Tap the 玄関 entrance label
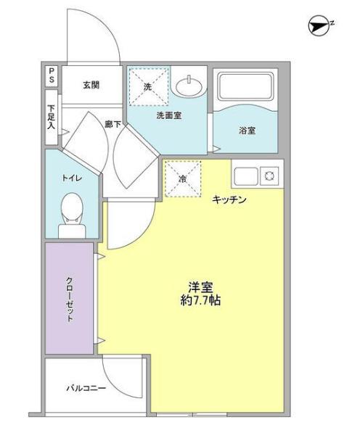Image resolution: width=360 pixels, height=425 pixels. (91, 86)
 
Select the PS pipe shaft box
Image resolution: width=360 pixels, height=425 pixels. (52, 75)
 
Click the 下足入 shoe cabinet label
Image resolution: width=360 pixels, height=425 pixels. (52, 117)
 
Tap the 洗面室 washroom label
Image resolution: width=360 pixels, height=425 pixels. (168, 115)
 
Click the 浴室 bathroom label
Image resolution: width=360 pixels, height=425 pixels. (247, 131)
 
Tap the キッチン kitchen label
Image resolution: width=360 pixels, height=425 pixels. (230, 199)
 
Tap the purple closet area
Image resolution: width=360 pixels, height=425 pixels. (70, 297)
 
